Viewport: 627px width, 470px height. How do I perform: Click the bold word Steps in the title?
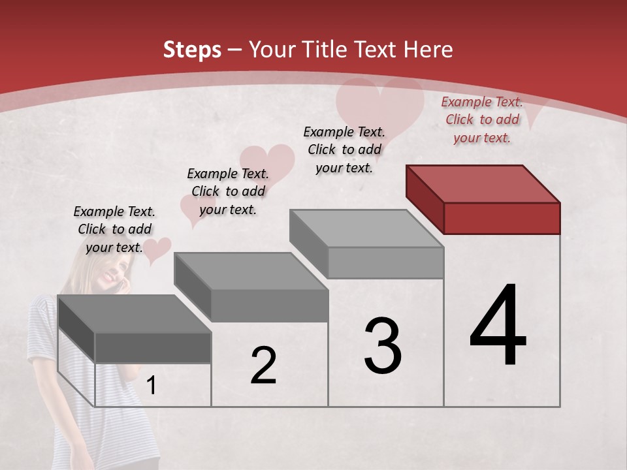(192, 50)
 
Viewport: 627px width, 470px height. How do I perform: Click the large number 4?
(498, 326)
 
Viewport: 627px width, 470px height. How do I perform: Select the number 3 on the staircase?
(382, 346)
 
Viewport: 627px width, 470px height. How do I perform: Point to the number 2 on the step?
(263, 366)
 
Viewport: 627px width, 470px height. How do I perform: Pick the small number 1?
(152, 386)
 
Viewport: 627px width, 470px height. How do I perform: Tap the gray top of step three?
(366, 228)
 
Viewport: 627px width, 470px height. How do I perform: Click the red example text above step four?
(482, 119)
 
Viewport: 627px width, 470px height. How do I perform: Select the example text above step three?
(344, 149)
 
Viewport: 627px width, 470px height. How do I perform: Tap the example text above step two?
(228, 191)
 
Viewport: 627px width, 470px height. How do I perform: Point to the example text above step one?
(114, 229)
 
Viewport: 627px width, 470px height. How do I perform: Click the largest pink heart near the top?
(379, 108)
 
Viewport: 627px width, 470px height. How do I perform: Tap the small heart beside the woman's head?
(157, 251)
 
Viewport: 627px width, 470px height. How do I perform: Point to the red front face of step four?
(502, 218)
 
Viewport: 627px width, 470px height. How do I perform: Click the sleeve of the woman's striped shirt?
(42, 326)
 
